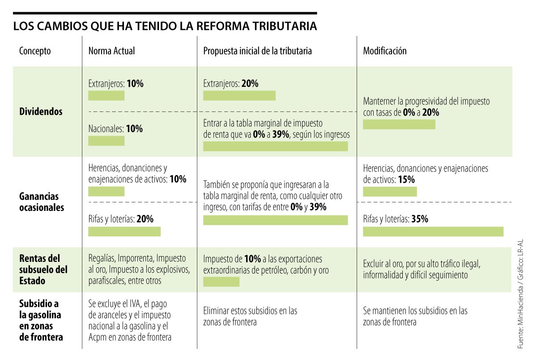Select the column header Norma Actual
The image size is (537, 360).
click(x=111, y=51)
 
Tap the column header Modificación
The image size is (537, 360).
click(x=384, y=51)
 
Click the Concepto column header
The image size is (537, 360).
click(x=35, y=51)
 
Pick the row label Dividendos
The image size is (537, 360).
click(x=41, y=112)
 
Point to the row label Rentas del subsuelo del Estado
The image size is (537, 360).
click(x=43, y=270)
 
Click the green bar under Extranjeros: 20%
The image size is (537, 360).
click(x=239, y=95)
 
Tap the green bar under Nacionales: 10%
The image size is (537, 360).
click(x=106, y=141)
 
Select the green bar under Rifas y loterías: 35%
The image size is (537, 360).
click(x=433, y=231)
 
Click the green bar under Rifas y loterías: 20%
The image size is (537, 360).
click(x=124, y=231)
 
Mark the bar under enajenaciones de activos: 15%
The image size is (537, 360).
click(x=389, y=192)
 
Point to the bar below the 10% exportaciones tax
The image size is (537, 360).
click(x=221, y=282)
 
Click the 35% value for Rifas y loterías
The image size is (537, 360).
click(x=420, y=219)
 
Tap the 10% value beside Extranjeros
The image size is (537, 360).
click(x=135, y=84)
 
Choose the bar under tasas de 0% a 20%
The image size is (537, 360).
click(x=399, y=124)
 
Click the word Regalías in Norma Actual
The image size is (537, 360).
click(x=102, y=259)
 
